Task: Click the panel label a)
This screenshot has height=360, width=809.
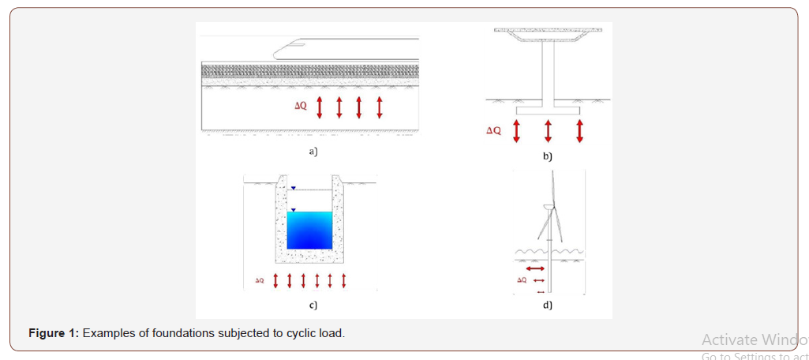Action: click(x=313, y=150)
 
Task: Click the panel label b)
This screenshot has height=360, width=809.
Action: click(x=548, y=156)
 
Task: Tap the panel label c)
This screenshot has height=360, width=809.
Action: click(x=313, y=304)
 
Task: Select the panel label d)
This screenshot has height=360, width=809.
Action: click(x=547, y=305)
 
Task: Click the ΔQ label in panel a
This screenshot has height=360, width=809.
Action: click(x=300, y=106)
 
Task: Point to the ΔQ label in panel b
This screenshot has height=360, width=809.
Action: click(x=493, y=130)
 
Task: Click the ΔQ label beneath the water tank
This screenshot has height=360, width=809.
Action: click(x=260, y=280)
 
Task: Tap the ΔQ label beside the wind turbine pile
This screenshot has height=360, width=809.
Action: click(x=521, y=280)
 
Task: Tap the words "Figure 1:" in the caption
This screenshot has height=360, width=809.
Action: click(x=54, y=333)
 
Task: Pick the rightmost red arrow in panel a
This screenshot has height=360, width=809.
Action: click(x=380, y=107)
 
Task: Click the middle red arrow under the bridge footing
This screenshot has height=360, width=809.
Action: click(x=548, y=130)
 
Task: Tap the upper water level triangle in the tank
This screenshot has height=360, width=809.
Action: click(x=293, y=188)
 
